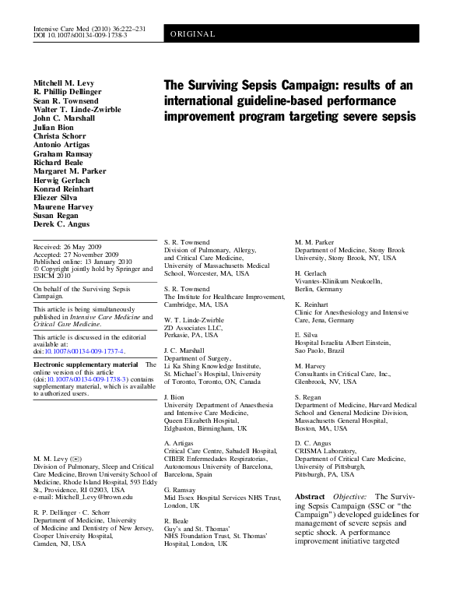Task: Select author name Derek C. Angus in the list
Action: coord(61,225)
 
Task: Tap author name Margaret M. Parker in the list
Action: coord(70,171)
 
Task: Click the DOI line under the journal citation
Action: coord(81,36)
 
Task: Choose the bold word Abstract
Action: coord(310,496)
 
